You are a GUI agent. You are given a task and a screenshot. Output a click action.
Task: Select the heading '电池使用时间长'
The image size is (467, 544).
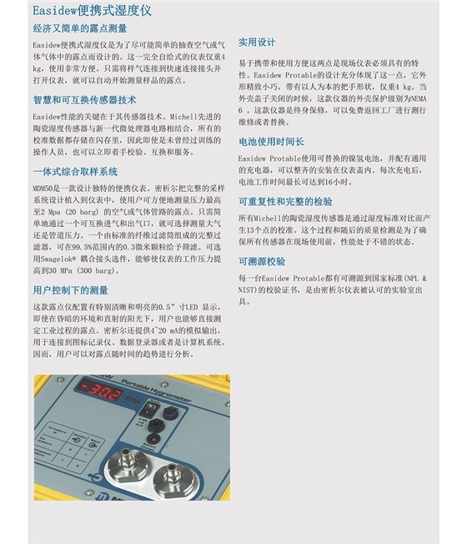click(x=271, y=142)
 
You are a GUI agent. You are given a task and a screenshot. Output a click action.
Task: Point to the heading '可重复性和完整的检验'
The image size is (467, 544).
click(x=285, y=201)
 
